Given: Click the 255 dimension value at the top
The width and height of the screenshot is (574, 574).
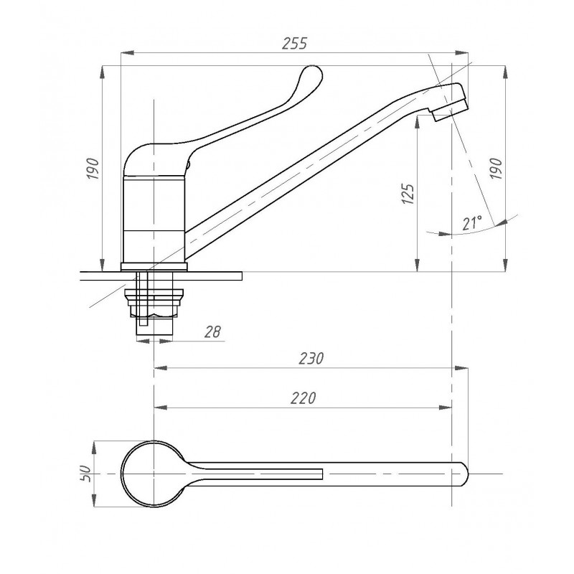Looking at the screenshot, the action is point(295,43).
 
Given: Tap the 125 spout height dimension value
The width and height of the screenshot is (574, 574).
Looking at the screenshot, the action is point(408,193).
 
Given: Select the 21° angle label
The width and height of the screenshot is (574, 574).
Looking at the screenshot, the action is point(472,223).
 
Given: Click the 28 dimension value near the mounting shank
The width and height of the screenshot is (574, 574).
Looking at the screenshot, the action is point(212,331).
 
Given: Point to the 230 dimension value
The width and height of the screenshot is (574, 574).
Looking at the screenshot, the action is point(311,358).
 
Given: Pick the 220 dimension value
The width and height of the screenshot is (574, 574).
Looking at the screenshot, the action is point(303,398).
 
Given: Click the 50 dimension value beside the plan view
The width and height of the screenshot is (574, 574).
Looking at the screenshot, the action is point(85,474).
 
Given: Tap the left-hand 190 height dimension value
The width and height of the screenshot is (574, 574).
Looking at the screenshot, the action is point(93,169).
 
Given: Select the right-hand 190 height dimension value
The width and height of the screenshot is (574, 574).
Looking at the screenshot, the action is point(496,169).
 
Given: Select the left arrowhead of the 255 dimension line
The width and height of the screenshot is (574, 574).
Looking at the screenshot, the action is point(127,52).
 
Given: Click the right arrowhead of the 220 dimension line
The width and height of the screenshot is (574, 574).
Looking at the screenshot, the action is point(446,408).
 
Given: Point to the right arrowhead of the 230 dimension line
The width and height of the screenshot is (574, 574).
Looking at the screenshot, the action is point(461,368).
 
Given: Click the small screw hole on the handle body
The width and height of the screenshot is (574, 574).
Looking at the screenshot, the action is point(189,165).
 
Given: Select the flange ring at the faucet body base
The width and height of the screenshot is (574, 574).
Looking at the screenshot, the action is point(154,266).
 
